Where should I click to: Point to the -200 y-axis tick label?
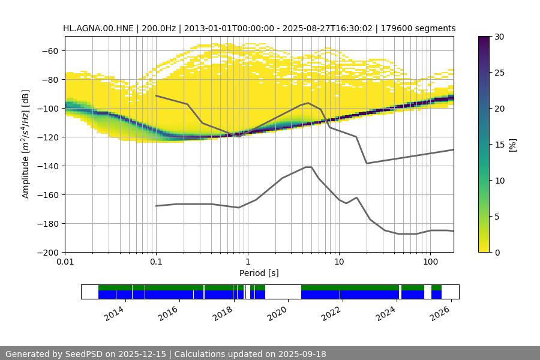[47, 253]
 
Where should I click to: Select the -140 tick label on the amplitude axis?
[47, 166]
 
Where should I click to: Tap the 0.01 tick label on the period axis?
[65, 263]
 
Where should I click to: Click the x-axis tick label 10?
[339, 263]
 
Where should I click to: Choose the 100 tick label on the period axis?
[430, 263]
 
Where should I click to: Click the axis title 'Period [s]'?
[259, 274]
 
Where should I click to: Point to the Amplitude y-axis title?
[26, 144]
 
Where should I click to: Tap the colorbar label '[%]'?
[512, 144]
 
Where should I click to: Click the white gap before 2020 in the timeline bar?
[283, 292]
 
